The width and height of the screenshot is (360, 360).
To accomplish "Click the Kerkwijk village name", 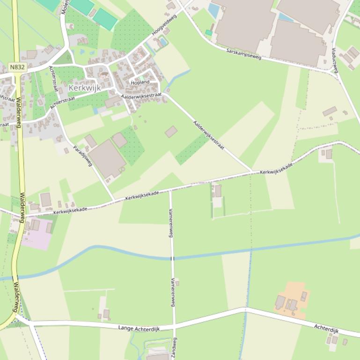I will [x=85, y=87].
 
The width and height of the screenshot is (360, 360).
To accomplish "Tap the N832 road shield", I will [x=17, y=67].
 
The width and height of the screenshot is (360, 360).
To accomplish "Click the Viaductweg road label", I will [x=334, y=60].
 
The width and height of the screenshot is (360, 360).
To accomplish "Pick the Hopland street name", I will [x=140, y=82].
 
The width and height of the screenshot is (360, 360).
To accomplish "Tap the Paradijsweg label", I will [x=83, y=156].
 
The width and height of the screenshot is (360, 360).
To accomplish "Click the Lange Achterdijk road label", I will [x=139, y=329].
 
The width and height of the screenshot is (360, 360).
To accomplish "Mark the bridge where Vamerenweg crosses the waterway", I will [x=172, y=258].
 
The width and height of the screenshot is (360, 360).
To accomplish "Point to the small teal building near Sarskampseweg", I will [x=208, y=32].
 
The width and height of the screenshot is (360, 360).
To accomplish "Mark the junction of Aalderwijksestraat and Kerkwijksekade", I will [x=253, y=172].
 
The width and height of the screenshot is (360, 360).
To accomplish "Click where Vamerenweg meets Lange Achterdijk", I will [x=174, y=325].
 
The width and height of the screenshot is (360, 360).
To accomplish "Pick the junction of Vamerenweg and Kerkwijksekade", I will [x=170, y=189].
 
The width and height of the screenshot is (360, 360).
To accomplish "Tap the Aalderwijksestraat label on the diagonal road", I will [x=209, y=135].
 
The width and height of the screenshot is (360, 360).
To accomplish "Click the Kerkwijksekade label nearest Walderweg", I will [x=70, y=210].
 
